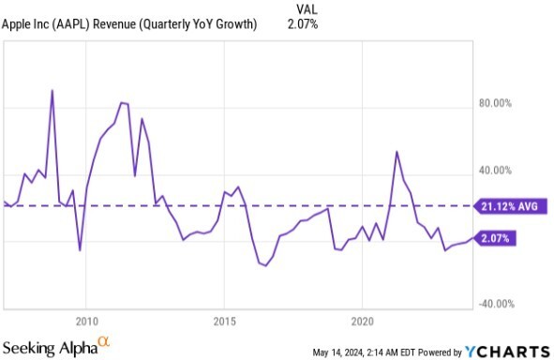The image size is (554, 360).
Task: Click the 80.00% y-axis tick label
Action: point(495,103)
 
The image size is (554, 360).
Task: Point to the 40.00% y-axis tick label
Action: point(495,171)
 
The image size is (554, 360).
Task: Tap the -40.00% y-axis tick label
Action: point(496,304)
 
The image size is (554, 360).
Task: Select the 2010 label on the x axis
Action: point(86,322)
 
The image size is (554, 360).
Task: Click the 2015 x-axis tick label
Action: point(224,322)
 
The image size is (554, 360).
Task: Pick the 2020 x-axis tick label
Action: point(362,322)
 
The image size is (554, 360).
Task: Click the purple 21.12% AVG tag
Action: point(510,206)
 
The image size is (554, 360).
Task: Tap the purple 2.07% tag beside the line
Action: point(495,238)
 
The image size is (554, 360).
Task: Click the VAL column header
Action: point(307,9)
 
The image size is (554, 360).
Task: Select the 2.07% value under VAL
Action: point(303,24)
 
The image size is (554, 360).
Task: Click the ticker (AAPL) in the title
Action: point(71,24)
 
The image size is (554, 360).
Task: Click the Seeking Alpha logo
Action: point(56,347)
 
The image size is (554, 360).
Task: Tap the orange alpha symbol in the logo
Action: point(104,341)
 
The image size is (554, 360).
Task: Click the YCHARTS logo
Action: point(507,352)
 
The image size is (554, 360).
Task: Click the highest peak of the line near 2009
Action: point(52,90)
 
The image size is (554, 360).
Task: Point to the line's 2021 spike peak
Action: point(397,152)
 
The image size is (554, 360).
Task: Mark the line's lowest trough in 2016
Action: point(265,265)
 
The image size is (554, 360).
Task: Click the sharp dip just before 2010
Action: point(80,250)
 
